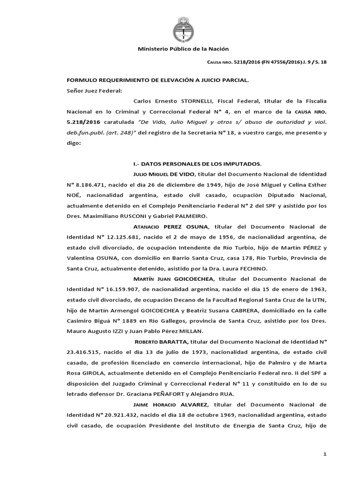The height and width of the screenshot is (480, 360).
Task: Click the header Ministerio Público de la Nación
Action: click(183, 49)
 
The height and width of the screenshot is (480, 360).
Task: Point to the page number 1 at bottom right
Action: click(324, 454)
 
